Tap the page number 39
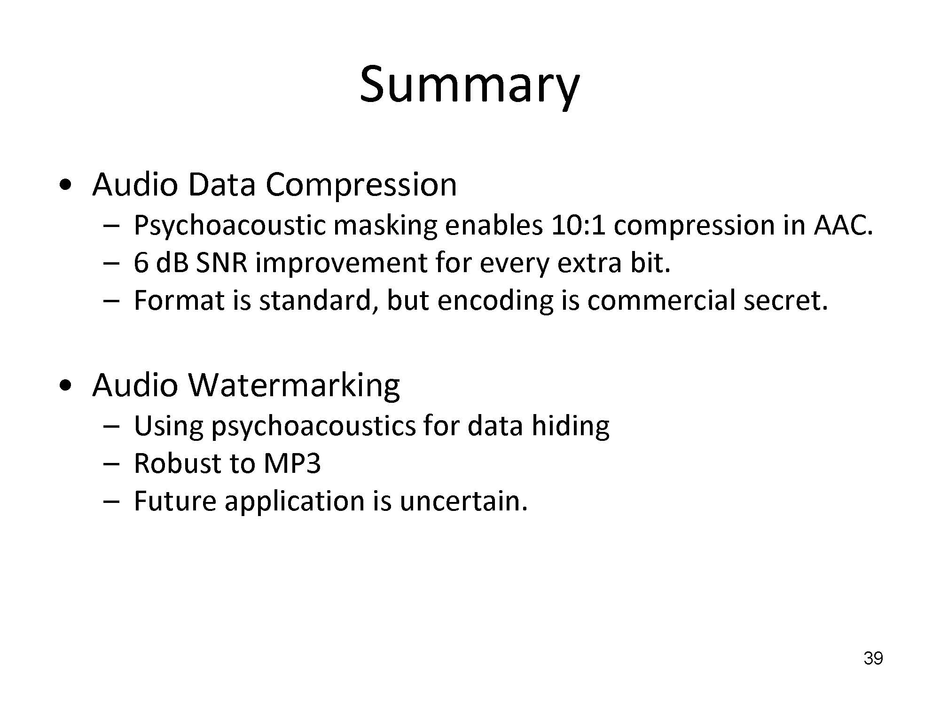[x=873, y=658]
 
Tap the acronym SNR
[x=221, y=263]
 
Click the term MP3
[x=292, y=463]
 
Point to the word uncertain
[x=463, y=501]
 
